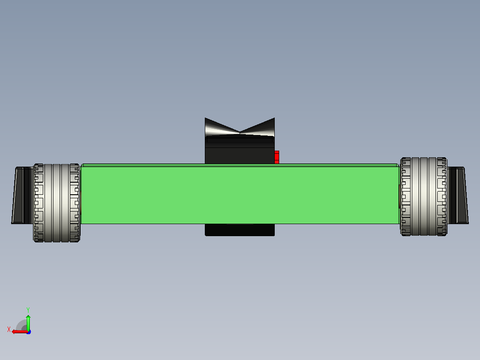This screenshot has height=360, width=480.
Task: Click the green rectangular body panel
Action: pos(240,194)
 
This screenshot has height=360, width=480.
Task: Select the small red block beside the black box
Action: pos(277,157)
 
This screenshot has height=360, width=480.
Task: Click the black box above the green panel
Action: pos(240,150)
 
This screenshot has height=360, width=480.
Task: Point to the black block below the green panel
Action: pos(240,230)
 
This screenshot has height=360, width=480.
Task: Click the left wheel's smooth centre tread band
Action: pos(57,203)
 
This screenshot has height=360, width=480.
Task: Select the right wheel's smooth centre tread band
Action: pos(424,196)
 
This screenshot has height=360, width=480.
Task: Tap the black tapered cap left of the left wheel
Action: pos(23,195)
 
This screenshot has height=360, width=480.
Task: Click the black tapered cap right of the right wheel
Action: pos(458,195)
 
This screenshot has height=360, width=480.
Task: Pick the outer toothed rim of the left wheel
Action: pos(39,203)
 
